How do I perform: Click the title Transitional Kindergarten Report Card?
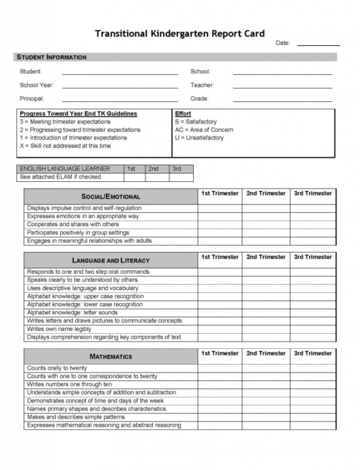click(179, 33)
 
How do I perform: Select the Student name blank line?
click(120, 73)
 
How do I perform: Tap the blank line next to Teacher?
click(282, 87)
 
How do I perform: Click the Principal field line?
click(120, 100)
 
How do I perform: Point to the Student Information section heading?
click(52, 57)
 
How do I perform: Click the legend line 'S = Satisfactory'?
click(196, 122)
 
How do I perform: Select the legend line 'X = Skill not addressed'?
click(65, 146)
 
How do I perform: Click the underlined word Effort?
click(183, 113)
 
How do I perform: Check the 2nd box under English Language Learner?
click(153, 177)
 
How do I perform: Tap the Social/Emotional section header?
click(111, 197)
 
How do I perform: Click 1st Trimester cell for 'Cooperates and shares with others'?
click(220, 225)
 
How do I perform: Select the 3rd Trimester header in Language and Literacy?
click(313, 257)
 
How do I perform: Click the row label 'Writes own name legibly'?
click(59, 329)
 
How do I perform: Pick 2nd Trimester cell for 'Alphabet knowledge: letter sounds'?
click(266, 313)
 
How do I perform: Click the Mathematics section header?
click(111, 357)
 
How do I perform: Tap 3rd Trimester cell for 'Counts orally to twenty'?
click(313, 368)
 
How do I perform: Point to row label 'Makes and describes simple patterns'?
click(76, 417)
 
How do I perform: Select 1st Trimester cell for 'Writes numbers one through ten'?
click(220, 384)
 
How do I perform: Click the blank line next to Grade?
click(282, 100)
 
